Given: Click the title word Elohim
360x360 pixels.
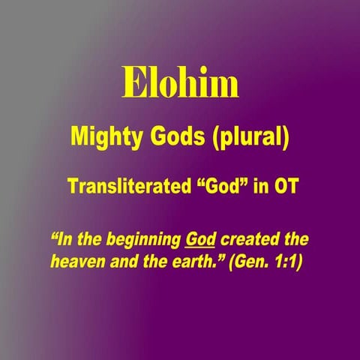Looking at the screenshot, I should (x=180, y=85).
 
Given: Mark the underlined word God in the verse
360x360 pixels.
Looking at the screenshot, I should (x=200, y=241).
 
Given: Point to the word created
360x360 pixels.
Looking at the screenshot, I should (x=249, y=241).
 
